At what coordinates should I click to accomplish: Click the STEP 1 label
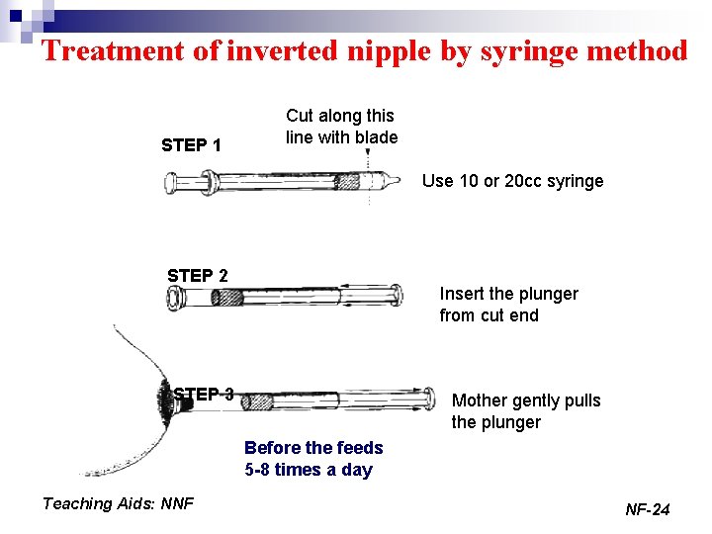[191, 145]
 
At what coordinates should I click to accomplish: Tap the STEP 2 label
[198, 276]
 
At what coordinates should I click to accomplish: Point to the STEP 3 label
[204, 394]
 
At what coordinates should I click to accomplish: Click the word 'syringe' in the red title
[529, 51]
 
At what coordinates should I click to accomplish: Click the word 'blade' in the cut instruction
[377, 137]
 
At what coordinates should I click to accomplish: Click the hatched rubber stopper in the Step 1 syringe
[347, 182]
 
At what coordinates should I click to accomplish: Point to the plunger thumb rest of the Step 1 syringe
[170, 183]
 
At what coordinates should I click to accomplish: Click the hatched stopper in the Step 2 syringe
[227, 298]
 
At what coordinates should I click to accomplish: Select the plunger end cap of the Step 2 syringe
[397, 295]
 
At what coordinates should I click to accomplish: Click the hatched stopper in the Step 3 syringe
[256, 402]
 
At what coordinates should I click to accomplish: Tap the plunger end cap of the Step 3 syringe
[428, 399]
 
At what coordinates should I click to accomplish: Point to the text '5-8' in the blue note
[256, 469]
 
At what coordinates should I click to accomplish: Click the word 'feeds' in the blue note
[360, 448]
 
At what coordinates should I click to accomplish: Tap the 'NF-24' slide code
[648, 509]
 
